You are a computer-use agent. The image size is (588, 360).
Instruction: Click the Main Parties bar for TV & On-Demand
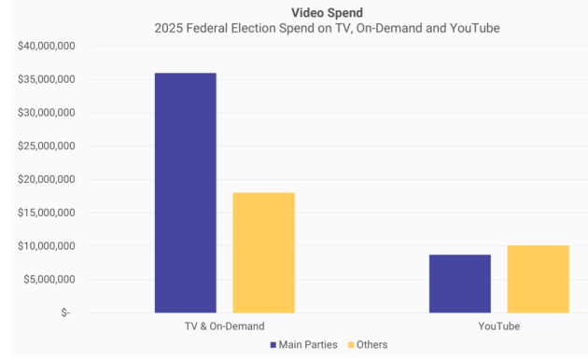[186, 192]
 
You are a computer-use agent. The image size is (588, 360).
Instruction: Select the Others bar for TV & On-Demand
[263, 252]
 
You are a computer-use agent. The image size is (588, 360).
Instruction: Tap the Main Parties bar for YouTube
[459, 284]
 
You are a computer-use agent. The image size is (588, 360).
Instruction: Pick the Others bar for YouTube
[538, 279]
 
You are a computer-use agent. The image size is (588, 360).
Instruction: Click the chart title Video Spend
[327, 12]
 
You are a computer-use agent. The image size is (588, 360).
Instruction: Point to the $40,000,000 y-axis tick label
[46, 46]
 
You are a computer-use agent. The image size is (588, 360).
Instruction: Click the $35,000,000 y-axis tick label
[46, 79]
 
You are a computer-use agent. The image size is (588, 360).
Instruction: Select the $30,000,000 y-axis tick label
[46, 113]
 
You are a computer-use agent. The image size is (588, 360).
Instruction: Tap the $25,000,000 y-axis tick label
[46, 146]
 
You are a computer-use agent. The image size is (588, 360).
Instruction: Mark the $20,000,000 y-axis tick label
[46, 179]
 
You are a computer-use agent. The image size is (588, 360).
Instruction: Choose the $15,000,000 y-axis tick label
[46, 213]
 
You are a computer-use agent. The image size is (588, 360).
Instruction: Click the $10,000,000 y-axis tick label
[46, 246]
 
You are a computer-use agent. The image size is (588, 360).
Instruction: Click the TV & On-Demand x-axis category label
[224, 326]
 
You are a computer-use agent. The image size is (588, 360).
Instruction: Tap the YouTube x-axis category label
[498, 326]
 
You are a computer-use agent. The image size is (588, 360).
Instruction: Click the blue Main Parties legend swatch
[273, 345]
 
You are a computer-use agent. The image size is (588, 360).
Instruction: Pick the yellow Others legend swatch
[351, 345]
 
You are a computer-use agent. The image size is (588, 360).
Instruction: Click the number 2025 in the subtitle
[168, 28]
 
